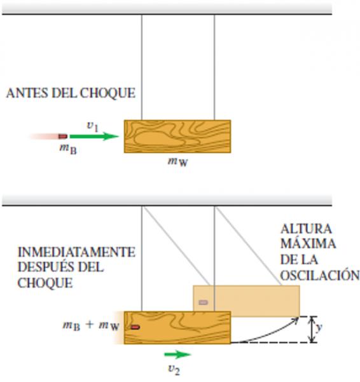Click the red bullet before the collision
pyautogui.click(x=62, y=136)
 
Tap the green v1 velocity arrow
pyautogui.click(x=94, y=136)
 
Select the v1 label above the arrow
pyautogui.click(x=92, y=126)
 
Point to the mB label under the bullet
pyautogui.click(x=68, y=149)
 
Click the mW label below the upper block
pyautogui.click(x=178, y=162)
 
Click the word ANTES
pyautogui.click(x=27, y=94)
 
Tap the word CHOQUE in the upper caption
pyautogui.click(x=107, y=94)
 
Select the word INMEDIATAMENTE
pyautogui.click(x=76, y=252)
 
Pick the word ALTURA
pyautogui.click(x=306, y=229)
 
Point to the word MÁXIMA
pyautogui.click(x=308, y=244)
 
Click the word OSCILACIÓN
pyautogui.click(x=320, y=275)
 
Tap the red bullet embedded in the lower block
pyautogui.click(x=135, y=327)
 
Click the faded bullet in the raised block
pyautogui.click(x=204, y=302)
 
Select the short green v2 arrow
pyautogui.click(x=177, y=355)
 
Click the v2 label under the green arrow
pyautogui.click(x=174, y=369)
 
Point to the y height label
pyautogui.click(x=319, y=328)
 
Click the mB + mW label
pyautogui.click(x=91, y=325)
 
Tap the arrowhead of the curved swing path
pyautogui.click(x=296, y=320)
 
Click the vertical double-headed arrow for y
pyautogui.click(x=311, y=329)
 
